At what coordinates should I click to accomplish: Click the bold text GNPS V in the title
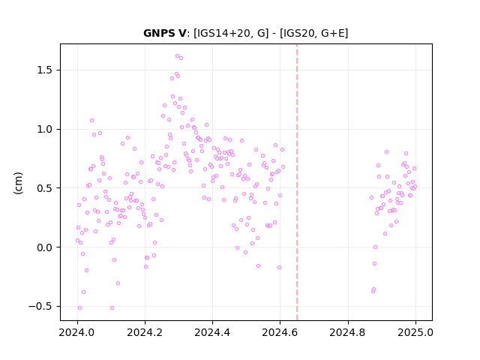click(164, 33)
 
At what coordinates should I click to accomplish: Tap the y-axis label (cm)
click(18, 183)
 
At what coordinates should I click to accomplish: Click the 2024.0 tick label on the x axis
click(77, 332)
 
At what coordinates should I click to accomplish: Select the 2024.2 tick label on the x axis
click(145, 332)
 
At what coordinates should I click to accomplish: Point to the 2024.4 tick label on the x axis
click(212, 332)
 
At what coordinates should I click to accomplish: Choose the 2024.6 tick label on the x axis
click(280, 332)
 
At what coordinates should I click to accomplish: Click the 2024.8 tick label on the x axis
click(348, 332)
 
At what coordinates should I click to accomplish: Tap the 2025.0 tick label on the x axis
click(415, 332)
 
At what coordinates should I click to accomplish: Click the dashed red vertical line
click(297, 182)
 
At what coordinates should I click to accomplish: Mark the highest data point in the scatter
click(177, 56)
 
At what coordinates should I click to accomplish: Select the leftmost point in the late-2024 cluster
click(372, 198)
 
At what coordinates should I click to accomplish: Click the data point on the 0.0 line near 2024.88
click(375, 247)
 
